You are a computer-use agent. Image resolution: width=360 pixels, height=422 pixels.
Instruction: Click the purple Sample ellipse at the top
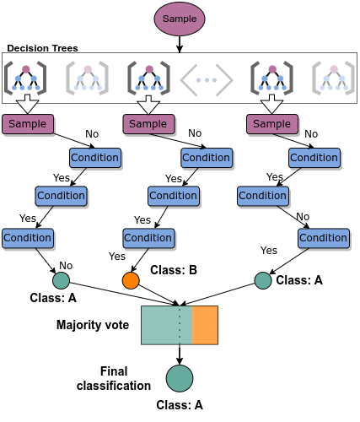point(180,19)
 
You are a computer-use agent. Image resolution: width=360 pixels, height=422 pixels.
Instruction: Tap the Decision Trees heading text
point(42,48)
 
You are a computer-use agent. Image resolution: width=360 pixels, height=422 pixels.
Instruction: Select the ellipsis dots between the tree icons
point(207,80)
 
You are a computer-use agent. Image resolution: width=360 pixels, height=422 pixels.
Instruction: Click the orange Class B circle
point(131,280)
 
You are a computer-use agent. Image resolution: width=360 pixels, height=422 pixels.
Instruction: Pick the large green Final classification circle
point(180,378)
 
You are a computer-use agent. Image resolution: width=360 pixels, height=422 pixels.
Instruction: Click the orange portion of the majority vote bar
point(205,325)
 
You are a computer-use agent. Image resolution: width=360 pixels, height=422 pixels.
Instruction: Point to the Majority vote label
point(93,325)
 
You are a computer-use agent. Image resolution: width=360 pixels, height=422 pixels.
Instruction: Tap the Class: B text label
point(174,270)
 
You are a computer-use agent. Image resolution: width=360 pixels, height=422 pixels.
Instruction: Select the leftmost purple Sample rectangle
point(28,124)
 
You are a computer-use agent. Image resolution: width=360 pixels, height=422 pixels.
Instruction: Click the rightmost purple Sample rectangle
point(272,124)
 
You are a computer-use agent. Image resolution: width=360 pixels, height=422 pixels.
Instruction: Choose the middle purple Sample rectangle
point(148,124)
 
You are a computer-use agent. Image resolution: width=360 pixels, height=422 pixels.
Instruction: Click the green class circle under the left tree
point(61,280)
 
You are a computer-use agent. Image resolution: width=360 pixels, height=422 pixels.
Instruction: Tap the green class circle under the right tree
point(263,280)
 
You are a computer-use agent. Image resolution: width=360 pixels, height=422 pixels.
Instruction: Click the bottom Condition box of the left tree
point(28,238)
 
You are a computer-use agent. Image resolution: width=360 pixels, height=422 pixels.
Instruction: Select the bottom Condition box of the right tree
point(324,238)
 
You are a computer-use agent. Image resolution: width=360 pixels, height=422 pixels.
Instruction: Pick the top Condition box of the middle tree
point(207,158)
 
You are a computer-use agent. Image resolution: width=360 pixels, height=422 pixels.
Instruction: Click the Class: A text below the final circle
point(180,405)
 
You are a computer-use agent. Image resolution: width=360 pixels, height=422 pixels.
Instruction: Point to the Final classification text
point(114,378)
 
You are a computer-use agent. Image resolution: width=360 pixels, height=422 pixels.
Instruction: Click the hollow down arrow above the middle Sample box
point(148,105)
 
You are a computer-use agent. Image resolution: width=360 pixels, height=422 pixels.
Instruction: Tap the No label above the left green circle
point(66,265)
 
